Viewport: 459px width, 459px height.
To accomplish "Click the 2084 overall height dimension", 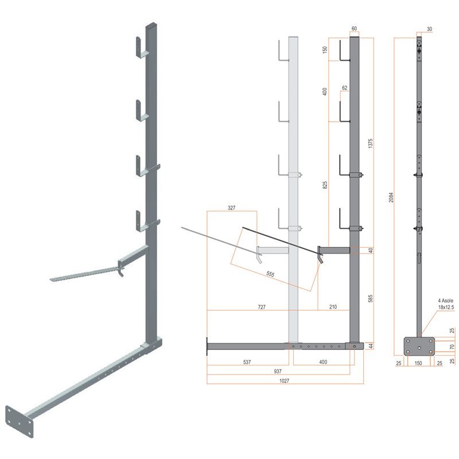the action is pyautogui.click(x=391, y=197).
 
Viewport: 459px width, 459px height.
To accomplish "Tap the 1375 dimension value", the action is pyautogui.click(x=370, y=143).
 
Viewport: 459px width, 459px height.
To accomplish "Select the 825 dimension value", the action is pyautogui.click(x=325, y=185).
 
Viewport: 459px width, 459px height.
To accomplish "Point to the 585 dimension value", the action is pyautogui.click(x=370, y=298).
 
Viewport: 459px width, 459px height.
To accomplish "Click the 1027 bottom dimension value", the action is pyautogui.click(x=284, y=380).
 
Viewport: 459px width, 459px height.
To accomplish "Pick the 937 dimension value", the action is pyautogui.click(x=278, y=371).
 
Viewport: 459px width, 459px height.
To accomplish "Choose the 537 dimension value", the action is pyautogui.click(x=247, y=362).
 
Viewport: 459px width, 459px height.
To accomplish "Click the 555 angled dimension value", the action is pyautogui.click(x=270, y=274).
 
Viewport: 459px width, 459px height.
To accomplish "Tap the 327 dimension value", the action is pyautogui.click(x=232, y=208).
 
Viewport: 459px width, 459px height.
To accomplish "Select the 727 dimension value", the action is pyautogui.click(x=262, y=307).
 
